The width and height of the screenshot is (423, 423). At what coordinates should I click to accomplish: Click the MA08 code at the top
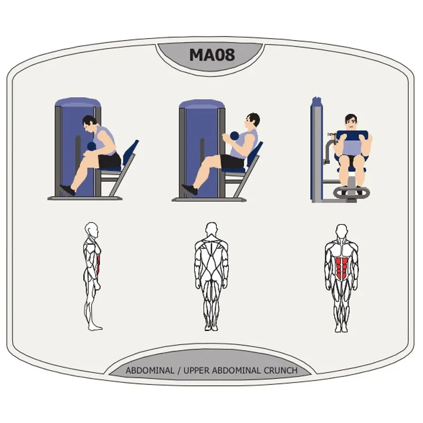coord(212,55)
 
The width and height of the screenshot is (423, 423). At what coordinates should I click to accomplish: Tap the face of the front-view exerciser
coord(350,122)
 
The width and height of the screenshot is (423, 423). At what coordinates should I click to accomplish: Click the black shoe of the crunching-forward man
coord(67,190)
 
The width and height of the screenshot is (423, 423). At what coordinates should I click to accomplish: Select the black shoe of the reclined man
coord(189,189)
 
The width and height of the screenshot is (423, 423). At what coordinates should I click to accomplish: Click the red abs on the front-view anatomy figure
coord(340,264)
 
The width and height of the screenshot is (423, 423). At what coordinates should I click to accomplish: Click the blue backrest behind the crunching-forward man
coord(129,153)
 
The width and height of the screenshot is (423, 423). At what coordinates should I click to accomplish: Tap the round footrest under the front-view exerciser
coord(351,192)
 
